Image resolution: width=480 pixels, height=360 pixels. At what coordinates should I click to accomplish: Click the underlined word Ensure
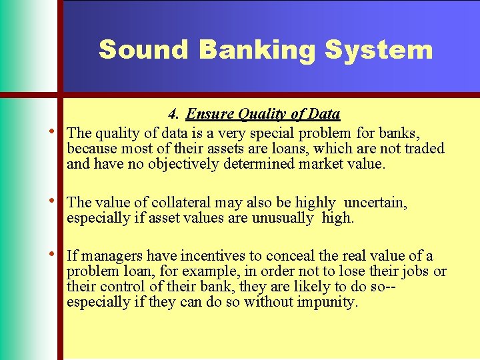209,114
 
